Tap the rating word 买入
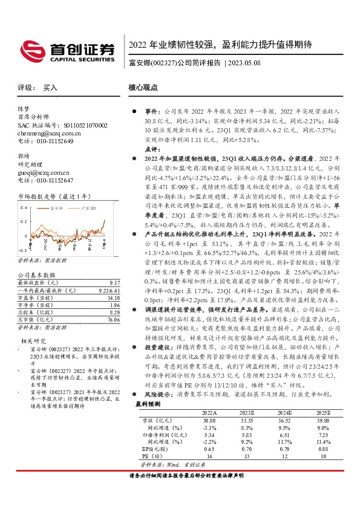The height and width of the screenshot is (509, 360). (x=50, y=88)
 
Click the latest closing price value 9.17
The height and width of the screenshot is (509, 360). (x=114, y=282)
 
